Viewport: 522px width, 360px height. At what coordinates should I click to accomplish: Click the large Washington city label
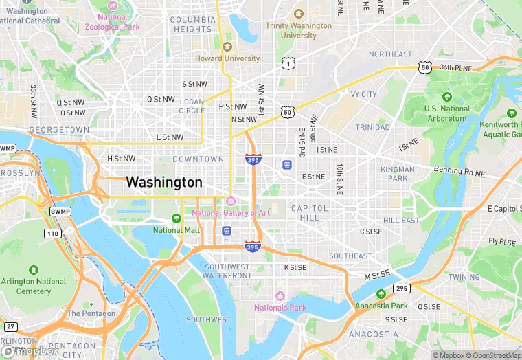(x=164, y=183)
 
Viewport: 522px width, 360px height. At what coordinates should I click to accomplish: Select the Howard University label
(x=227, y=58)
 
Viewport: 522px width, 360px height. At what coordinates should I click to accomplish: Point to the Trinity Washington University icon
(x=298, y=14)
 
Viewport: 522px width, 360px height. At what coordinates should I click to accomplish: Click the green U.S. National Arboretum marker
(x=447, y=97)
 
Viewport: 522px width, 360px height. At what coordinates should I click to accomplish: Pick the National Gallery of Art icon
(x=230, y=201)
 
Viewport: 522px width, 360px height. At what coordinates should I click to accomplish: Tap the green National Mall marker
(x=177, y=218)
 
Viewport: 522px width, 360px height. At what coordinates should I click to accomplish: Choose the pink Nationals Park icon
(x=280, y=296)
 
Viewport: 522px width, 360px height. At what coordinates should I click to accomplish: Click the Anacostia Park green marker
(x=381, y=294)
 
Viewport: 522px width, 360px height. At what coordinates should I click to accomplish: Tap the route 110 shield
(x=52, y=234)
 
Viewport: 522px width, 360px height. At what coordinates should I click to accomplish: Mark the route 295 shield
(x=401, y=289)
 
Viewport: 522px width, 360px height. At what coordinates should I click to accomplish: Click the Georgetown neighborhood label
(x=58, y=129)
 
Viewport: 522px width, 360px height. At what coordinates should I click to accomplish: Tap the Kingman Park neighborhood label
(x=398, y=173)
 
